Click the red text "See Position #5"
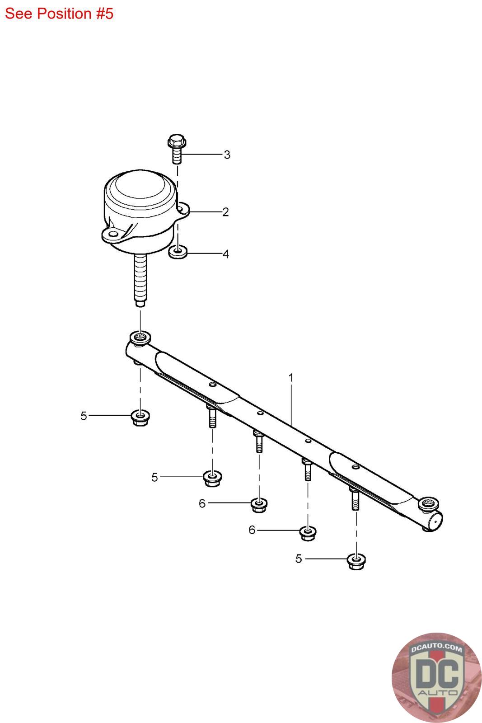pos(59,14)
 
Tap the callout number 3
pos(227,155)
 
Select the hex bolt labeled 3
pos(177,149)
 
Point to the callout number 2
pos(225,212)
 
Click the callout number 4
pos(226,254)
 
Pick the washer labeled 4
pos(178,252)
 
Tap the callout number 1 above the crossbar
pos(291,377)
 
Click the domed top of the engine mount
pos(140,188)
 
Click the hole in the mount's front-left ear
pos(112,234)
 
